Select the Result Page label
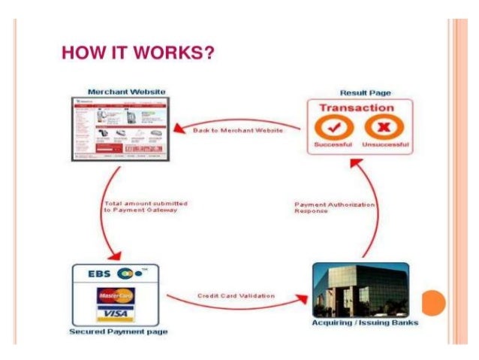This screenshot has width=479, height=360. pyautogui.click(x=364, y=92)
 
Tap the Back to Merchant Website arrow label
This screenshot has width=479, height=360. pyautogui.click(x=237, y=131)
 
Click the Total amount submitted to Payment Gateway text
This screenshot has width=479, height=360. pyautogui.click(x=145, y=207)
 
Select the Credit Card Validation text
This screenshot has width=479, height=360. pyautogui.click(x=236, y=295)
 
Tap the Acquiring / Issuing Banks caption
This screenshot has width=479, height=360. pyautogui.click(x=365, y=323)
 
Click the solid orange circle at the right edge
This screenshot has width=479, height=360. pyautogui.click(x=433, y=303)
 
